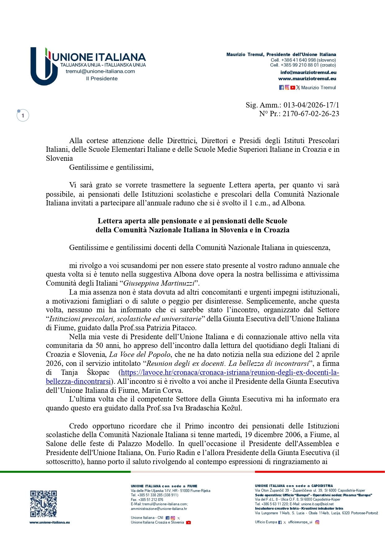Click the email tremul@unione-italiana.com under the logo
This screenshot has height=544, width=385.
[x=100, y=71]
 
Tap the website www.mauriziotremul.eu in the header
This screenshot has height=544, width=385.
[x=307, y=79]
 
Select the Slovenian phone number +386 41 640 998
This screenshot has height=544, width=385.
[x=298, y=60]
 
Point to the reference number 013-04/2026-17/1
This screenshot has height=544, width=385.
[x=311, y=105]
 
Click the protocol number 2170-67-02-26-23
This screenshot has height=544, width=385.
[x=311, y=114]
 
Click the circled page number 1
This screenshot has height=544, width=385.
[x=23, y=116]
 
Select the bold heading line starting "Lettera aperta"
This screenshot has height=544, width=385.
[x=192, y=221]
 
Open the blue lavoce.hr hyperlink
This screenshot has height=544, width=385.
[x=230, y=372]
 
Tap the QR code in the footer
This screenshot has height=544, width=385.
[x=43, y=504]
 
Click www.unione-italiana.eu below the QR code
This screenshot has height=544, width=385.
[x=50, y=522]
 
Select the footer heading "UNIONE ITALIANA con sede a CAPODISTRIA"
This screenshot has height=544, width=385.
[x=294, y=486]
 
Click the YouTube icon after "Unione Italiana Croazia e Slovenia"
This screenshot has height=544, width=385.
[x=188, y=522]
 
